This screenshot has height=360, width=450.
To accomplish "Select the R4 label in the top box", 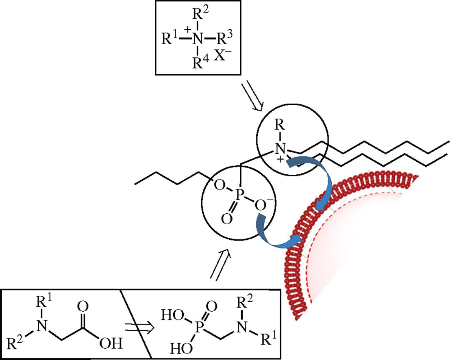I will pyautogui.click(x=200, y=63).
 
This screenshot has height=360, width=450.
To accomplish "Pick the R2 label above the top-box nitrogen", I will pyautogui.click(x=200, y=15).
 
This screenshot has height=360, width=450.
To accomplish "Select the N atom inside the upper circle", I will pyautogui.click(x=278, y=151).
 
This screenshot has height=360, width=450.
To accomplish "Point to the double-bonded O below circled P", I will pyautogui.click(x=226, y=220).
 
